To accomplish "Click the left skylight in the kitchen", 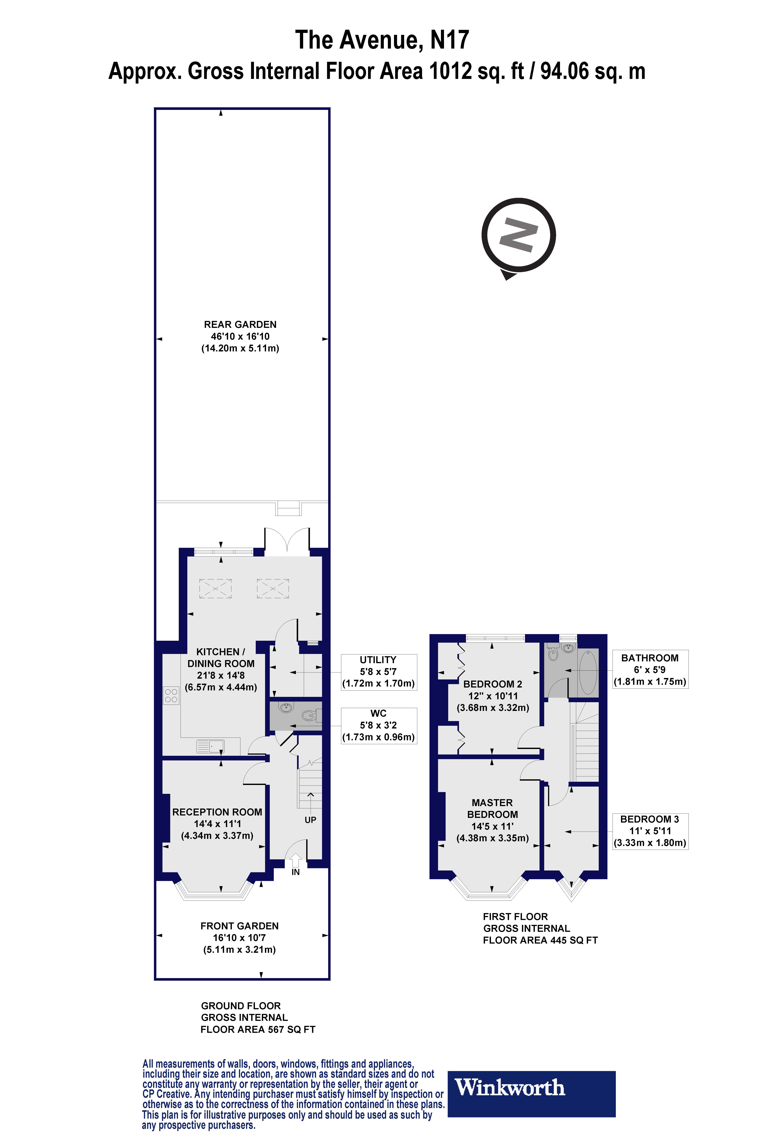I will coord(215,588).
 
